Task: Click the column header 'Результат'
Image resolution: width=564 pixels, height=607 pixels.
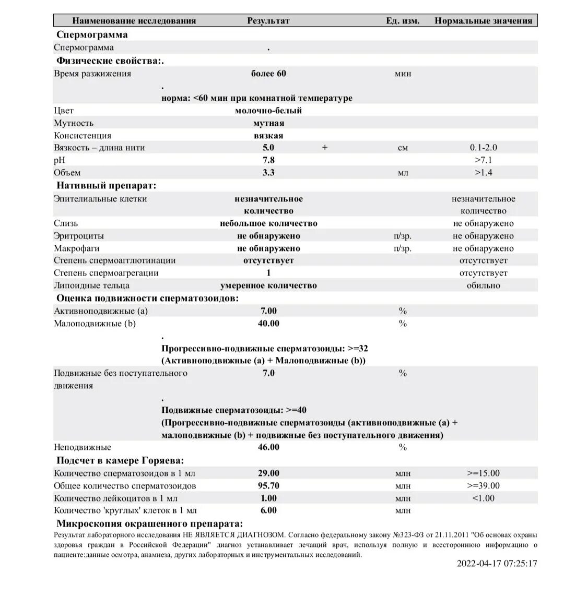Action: [x=268, y=21]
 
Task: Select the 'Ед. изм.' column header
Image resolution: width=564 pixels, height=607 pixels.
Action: [x=403, y=21]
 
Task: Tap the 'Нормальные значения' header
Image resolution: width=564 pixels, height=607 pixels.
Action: [x=483, y=21]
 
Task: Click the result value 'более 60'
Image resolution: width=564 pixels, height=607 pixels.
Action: [x=268, y=74]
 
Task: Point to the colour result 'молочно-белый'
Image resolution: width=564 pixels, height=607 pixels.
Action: [x=268, y=111]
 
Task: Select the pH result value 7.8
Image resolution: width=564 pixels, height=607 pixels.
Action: [x=268, y=160]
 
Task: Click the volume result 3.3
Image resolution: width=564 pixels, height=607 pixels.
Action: [x=268, y=173]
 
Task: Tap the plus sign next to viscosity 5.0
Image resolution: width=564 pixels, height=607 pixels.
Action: [x=325, y=148]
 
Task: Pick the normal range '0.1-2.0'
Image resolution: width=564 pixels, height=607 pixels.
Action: [x=483, y=148]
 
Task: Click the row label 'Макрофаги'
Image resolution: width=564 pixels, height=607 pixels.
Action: [x=76, y=248]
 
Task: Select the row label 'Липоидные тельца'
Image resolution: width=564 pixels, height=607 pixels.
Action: [x=91, y=285]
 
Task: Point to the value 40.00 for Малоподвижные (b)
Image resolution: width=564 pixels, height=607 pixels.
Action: [x=268, y=324]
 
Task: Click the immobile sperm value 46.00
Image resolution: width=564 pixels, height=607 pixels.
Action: [x=268, y=447]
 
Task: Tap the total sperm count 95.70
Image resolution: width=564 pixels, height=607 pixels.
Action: [x=268, y=486]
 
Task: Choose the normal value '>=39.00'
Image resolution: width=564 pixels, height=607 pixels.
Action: [x=483, y=486]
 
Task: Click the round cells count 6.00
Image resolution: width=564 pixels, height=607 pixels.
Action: [x=268, y=510]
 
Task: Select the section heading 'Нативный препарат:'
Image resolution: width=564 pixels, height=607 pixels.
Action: [x=107, y=185]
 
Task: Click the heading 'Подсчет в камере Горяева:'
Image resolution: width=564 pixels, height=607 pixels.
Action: [x=120, y=460]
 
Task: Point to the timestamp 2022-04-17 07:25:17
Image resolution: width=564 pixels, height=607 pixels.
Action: [x=497, y=563]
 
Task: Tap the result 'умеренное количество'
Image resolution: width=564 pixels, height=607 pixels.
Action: [x=268, y=285]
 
